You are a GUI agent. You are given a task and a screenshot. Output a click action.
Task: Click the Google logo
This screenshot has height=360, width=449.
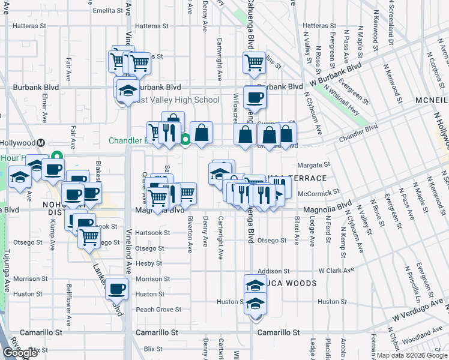click(19, 353)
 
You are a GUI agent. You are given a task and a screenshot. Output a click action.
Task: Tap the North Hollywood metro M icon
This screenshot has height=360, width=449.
click(41, 143)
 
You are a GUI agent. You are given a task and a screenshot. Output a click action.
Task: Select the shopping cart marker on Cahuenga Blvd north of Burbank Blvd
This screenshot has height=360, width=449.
click(254, 61)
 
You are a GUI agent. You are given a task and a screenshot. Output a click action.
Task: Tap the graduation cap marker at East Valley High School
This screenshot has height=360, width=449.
click(127, 91)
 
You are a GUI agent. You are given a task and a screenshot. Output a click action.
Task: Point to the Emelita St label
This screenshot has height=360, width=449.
click(108, 10)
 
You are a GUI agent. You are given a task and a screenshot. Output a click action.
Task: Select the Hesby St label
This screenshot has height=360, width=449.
click(149, 263)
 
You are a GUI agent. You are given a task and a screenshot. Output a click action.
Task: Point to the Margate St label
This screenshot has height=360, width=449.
click(314, 164)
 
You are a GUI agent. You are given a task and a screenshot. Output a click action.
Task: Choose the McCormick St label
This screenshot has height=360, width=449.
click(319, 193)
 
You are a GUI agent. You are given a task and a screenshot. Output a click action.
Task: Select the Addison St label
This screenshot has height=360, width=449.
click(274, 271)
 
